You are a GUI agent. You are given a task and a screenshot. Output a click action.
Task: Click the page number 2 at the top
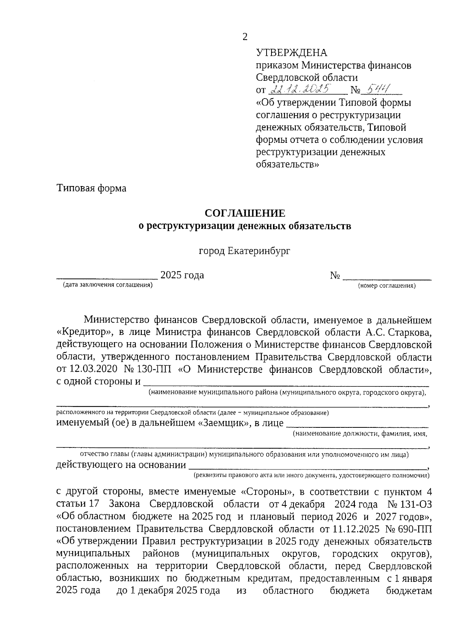pos(245,37)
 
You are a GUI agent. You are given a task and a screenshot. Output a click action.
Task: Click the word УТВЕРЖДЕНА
pos(291,53)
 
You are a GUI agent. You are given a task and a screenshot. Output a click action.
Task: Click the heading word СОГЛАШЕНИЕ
pos(245,213)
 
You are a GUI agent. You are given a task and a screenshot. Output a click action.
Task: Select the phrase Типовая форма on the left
pos(91,188)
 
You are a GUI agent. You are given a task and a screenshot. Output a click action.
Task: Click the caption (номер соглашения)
pos(387,286)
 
